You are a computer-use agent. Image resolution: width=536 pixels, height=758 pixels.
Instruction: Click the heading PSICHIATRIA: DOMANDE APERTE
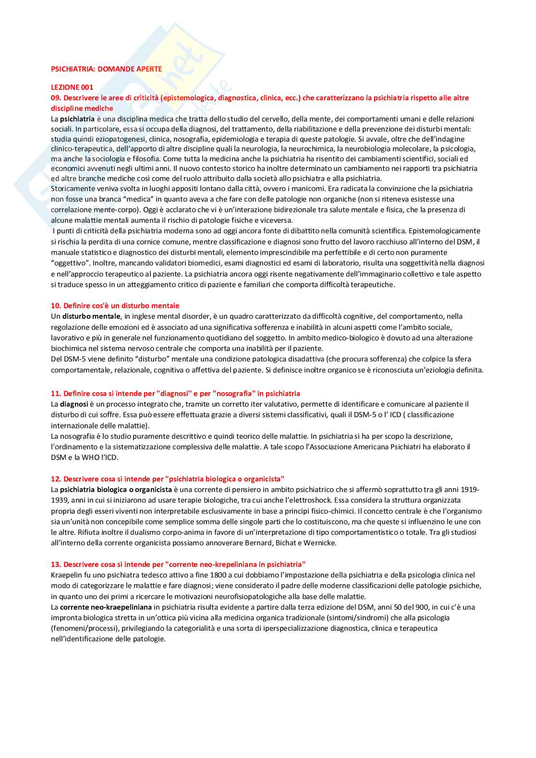point(106,69)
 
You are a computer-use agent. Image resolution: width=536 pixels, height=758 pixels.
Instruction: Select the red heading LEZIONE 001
point(72,87)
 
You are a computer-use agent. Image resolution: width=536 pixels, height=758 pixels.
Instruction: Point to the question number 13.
point(56,565)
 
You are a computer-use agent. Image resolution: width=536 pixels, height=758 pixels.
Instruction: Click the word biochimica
point(68,349)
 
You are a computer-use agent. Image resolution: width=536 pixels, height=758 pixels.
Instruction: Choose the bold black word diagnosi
point(73,404)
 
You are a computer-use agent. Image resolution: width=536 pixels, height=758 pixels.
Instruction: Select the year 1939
point(60,501)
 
